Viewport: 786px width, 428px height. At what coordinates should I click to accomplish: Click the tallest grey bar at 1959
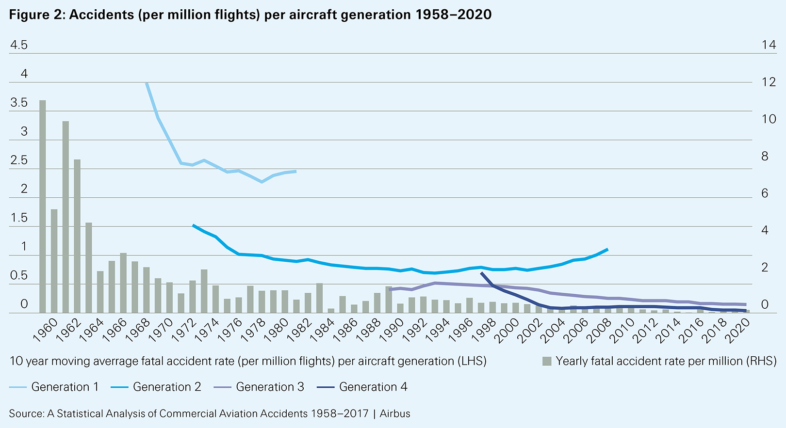pos(43,206)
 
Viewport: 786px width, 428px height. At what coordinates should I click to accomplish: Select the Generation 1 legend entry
pos(54,387)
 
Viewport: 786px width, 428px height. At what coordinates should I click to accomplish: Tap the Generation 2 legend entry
pos(156,387)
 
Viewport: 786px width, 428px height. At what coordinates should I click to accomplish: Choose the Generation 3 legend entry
pos(259,387)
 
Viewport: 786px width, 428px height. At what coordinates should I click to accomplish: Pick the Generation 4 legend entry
pos(362,387)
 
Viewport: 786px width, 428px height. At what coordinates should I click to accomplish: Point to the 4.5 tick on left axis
pos(19,45)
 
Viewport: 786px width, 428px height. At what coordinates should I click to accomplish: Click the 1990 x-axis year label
pos(393,330)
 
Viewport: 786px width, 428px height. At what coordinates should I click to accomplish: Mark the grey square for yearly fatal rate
pos(547,361)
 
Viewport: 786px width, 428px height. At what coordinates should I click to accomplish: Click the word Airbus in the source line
pos(395,413)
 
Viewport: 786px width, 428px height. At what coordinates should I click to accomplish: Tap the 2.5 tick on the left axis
pos(19,160)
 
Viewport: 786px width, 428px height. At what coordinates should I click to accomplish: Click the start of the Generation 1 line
pos(147,83)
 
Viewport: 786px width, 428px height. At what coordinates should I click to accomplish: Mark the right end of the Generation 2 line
pos(607,249)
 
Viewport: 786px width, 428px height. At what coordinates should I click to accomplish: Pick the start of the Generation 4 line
pos(481,273)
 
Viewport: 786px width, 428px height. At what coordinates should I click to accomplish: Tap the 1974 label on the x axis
pos(209,330)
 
